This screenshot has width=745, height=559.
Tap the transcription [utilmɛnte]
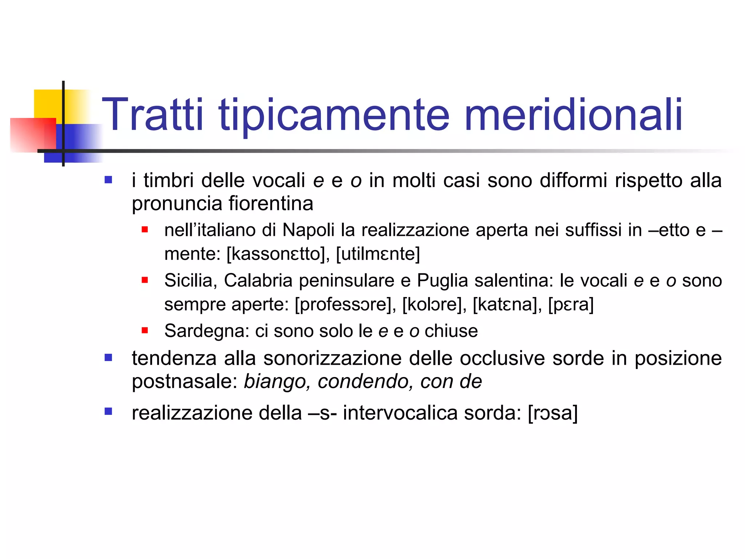[378, 254]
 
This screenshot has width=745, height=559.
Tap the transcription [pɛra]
[571, 304]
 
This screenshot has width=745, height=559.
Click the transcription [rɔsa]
[553, 413]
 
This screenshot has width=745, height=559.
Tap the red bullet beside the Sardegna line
[145, 330]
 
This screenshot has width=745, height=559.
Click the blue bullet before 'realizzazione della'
[108, 411]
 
